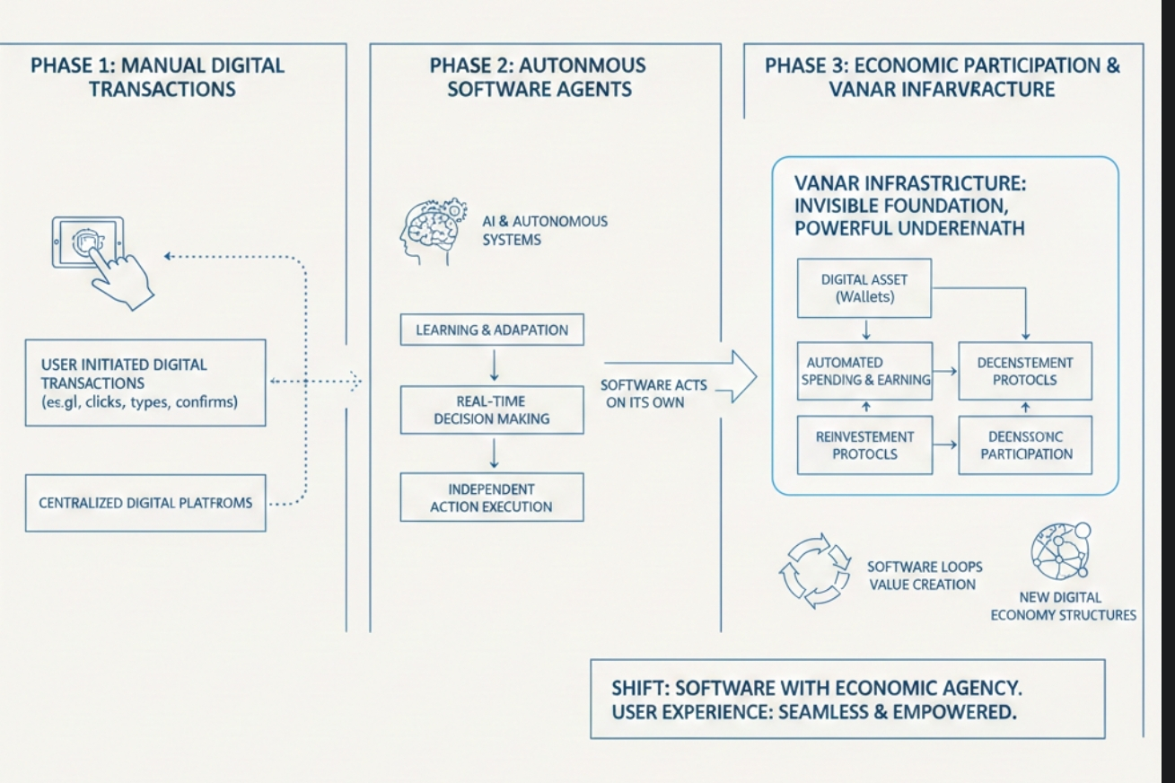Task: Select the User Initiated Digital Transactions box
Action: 145,383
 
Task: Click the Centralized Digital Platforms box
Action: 145,503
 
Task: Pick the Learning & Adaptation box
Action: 492,330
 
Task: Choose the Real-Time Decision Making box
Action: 492,409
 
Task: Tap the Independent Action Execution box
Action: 492,497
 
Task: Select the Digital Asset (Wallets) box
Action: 864,288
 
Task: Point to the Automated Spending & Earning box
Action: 864,371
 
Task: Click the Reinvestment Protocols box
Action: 864,444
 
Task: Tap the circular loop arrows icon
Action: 813,575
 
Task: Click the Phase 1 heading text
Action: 157,77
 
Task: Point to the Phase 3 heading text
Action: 942,77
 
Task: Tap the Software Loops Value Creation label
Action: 924,576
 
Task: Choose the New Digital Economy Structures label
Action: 1063,606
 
